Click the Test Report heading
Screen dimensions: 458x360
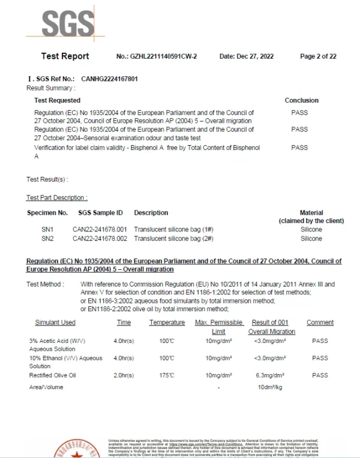point(65,56)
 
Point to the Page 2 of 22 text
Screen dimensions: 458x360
point(318,56)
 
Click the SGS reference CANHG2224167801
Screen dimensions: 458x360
point(106,79)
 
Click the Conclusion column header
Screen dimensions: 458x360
point(301,100)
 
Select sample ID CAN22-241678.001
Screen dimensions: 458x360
point(100,230)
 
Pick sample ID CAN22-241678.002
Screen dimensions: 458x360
point(100,239)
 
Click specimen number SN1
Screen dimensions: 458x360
point(47,230)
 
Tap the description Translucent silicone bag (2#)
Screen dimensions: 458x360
point(173,239)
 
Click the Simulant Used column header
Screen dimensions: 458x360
point(55,323)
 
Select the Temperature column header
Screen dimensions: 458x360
point(167,323)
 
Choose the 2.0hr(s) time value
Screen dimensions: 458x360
point(124,375)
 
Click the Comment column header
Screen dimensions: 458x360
point(320,323)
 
